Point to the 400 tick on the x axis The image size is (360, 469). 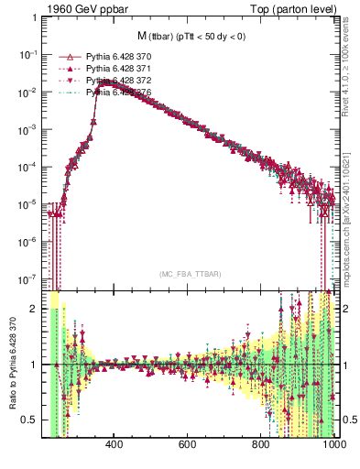(x=115, y=445)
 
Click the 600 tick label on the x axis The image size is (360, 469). (x=188, y=445)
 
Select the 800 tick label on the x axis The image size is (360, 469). (x=261, y=445)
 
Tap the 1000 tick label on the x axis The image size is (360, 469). (x=332, y=445)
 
